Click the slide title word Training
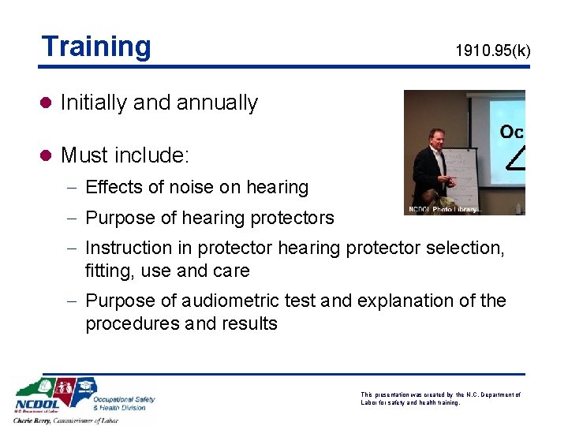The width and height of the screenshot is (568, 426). click(x=95, y=47)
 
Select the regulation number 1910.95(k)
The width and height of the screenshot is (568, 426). click(x=492, y=52)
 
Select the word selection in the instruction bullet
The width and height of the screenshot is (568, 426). click(x=465, y=248)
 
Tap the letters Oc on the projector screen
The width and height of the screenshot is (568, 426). click(x=511, y=133)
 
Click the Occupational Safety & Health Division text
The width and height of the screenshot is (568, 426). click(x=123, y=403)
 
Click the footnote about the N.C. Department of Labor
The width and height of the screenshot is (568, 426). click(x=440, y=398)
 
